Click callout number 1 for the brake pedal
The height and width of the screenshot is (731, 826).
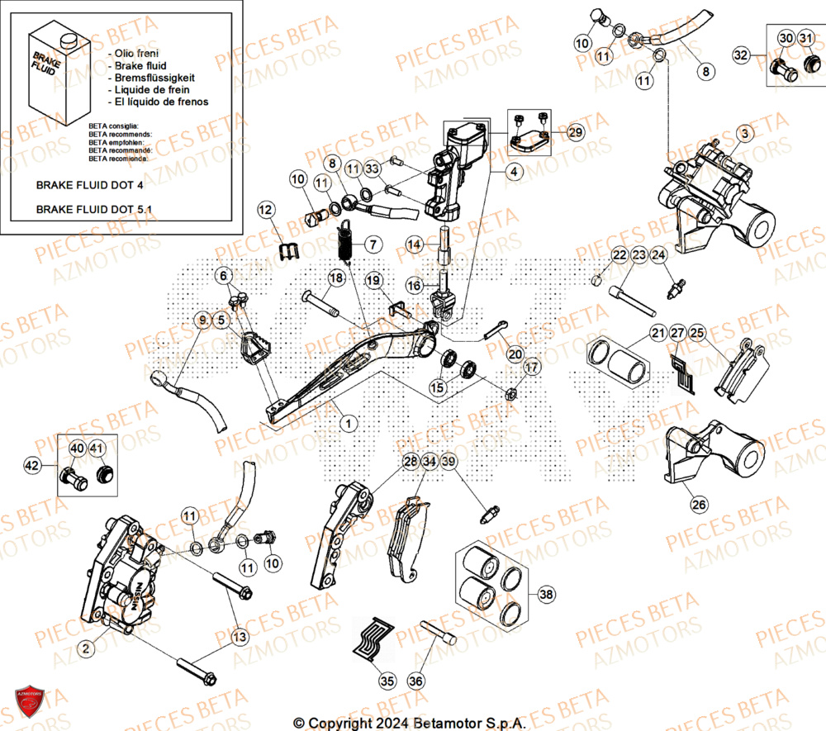pyautogui.click(x=349, y=423)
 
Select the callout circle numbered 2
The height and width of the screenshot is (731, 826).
pyautogui.click(x=85, y=650)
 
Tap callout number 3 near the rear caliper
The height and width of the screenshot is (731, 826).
pyautogui.click(x=745, y=133)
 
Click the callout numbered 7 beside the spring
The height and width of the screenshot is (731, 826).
pyautogui.click(x=373, y=244)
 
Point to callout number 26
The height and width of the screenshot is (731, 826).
pyautogui.click(x=698, y=503)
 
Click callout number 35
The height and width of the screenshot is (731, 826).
pyautogui.click(x=387, y=681)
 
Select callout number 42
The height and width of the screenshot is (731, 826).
pyautogui.click(x=32, y=467)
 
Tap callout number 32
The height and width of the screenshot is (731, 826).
pyautogui.click(x=741, y=55)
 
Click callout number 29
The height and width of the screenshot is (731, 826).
pyautogui.click(x=576, y=132)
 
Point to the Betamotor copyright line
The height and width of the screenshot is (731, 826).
pyautogui.click(x=410, y=722)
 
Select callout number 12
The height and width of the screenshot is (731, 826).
pyautogui.click(x=265, y=211)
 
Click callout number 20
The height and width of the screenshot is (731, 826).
pyautogui.click(x=515, y=354)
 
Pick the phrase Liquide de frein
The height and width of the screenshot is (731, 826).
pyautogui.click(x=153, y=89)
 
